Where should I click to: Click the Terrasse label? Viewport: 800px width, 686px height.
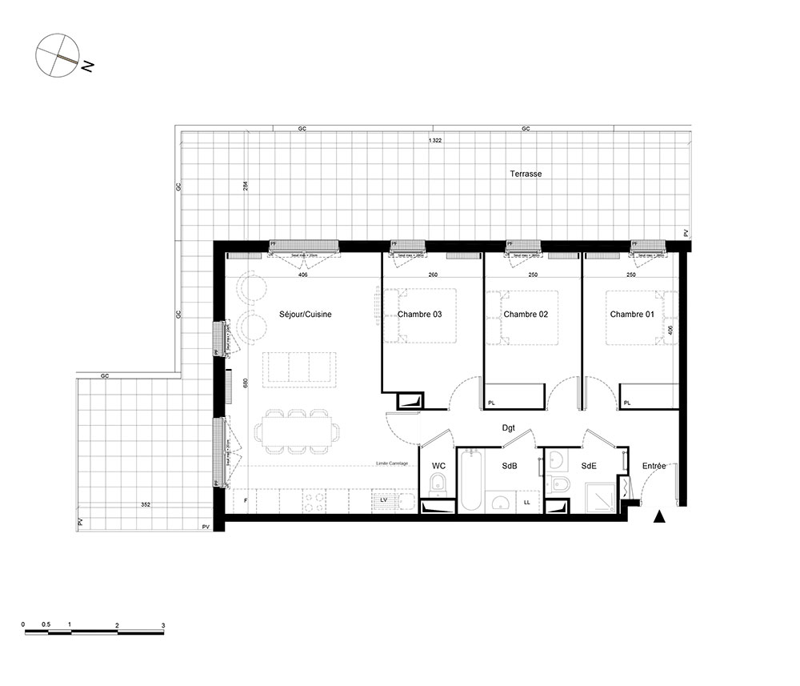(x=526, y=173)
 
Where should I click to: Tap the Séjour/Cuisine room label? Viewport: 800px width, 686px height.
(x=305, y=315)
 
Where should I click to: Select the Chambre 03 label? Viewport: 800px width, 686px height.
(x=419, y=315)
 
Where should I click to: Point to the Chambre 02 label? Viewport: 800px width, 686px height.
(x=525, y=315)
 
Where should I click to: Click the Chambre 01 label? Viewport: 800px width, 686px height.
(x=632, y=315)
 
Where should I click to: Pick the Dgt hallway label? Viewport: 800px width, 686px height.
(x=508, y=429)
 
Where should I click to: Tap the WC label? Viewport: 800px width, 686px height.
(x=438, y=465)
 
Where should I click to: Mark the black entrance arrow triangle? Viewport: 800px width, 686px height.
(x=659, y=517)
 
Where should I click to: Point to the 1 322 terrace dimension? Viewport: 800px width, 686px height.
(x=435, y=141)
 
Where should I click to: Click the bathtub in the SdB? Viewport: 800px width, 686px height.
(x=470, y=480)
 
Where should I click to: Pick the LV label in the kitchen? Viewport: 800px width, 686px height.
(x=384, y=499)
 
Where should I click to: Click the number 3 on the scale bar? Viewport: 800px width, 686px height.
(x=163, y=624)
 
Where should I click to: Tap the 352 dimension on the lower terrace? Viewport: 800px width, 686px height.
(x=146, y=505)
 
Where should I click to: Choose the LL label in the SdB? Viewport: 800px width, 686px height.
(x=526, y=502)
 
